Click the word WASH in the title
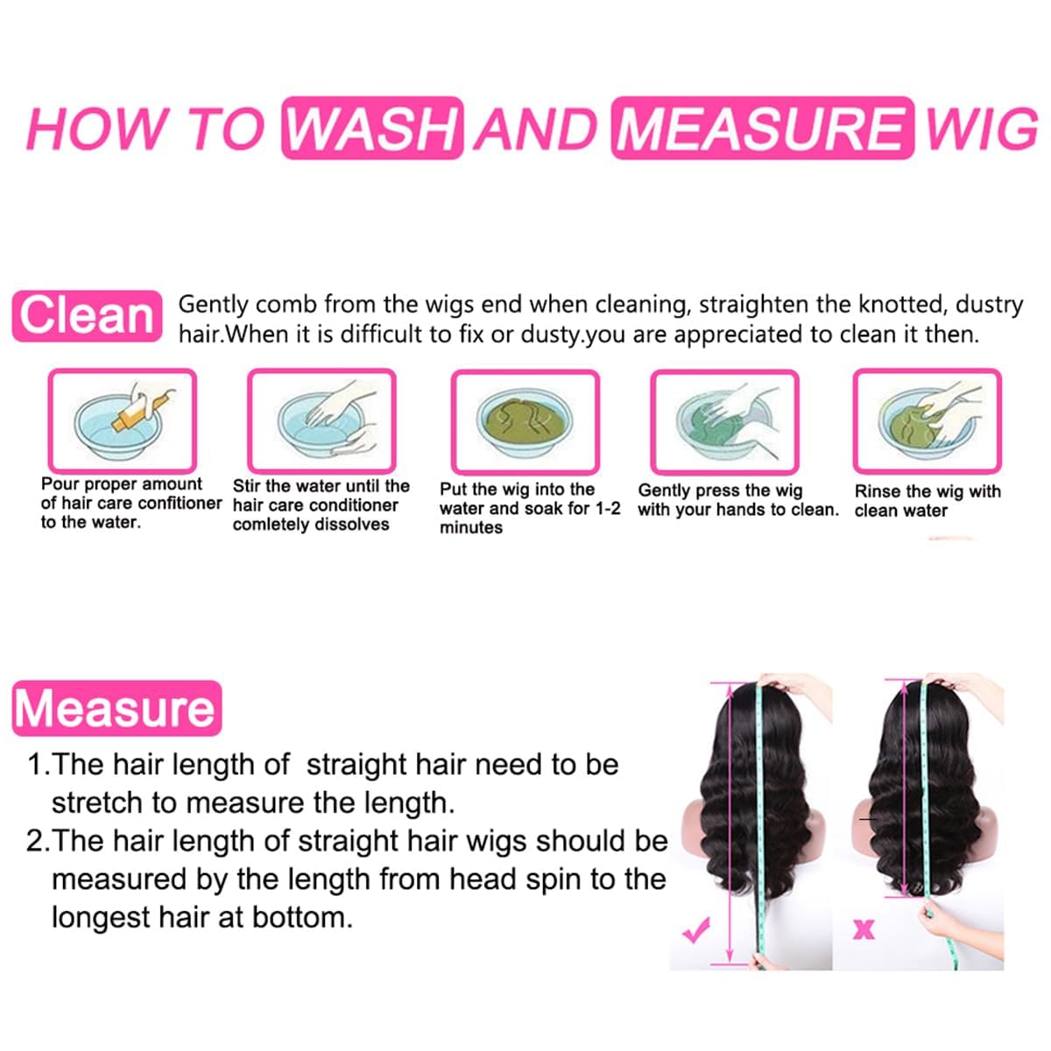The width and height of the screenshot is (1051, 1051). (x=372, y=129)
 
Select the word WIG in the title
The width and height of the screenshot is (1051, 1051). (x=981, y=129)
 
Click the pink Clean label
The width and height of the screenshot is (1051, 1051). (x=87, y=316)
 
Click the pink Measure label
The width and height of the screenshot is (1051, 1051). (x=116, y=709)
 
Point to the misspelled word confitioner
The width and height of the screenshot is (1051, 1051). (x=180, y=504)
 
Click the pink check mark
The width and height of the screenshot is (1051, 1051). (x=696, y=931)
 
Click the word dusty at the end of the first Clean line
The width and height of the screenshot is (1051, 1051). (x=989, y=305)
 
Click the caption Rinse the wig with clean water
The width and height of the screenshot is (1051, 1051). (x=927, y=501)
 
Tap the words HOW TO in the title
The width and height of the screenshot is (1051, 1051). (x=145, y=129)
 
